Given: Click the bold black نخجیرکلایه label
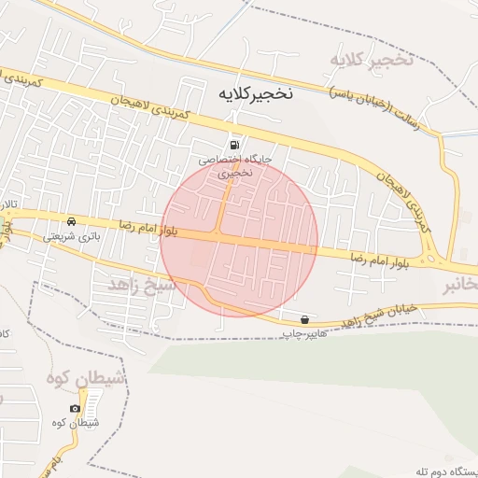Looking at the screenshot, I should click(x=255, y=94).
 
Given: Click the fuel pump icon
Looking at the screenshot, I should click(x=233, y=145).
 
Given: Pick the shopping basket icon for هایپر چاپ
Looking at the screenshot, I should click(x=305, y=319).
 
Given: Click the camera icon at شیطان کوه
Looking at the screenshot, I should click(x=76, y=409).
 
